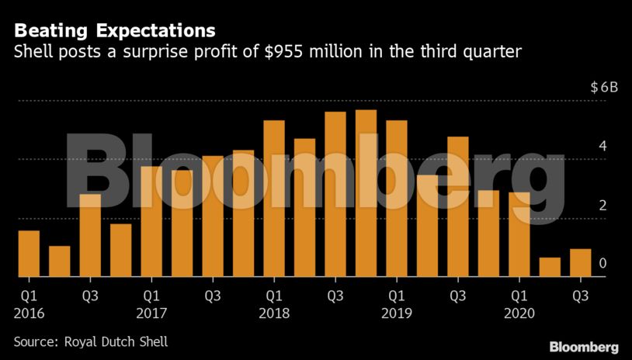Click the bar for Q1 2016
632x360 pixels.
(x=29, y=254)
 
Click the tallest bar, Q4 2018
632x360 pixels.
(x=366, y=193)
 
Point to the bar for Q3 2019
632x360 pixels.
(x=458, y=206)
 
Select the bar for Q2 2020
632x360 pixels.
(x=550, y=267)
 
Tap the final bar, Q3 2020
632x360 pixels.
(x=580, y=263)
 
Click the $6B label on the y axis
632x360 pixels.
(x=603, y=87)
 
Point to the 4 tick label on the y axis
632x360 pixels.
(x=602, y=147)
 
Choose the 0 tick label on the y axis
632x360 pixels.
(x=602, y=265)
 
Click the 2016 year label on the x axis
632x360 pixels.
(x=29, y=313)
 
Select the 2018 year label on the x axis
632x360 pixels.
(x=274, y=313)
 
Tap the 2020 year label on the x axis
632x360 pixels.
(x=519, y=313)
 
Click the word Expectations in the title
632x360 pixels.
(x=157, y=31)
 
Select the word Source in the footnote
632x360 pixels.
(x=33, y=341)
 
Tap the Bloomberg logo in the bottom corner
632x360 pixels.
(x=583, y=346)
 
